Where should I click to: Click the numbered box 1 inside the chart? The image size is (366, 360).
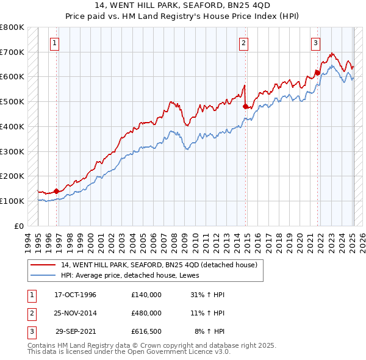click(55, 43)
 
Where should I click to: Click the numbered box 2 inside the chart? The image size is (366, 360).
click(243, 43)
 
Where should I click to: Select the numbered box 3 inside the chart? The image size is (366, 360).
click(315, 43)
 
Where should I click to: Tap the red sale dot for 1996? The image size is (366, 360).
click(56, 191)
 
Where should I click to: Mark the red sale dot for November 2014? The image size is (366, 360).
click(246, 107)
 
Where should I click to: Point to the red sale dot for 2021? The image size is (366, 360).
click(318, 73)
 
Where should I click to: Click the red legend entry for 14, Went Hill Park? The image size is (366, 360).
click(159, 265)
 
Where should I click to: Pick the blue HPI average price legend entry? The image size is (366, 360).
click(134, 275)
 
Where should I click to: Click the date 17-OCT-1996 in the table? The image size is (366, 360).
click(75, 295)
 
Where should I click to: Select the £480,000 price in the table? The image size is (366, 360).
click(146, 313)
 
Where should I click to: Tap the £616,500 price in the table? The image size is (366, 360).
click(146, 331)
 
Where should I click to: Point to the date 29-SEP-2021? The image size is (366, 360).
click(76, 331)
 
